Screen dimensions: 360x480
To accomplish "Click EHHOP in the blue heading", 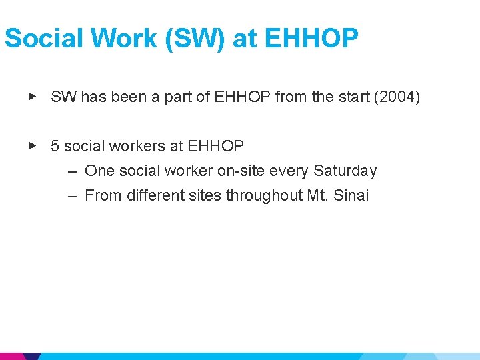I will pyautogui.click(x=311, y=39).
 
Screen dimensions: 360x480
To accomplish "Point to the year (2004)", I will pyautogui.click(x=397, y=97).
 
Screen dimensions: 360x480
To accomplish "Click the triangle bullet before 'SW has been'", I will pyautogui.click(x=32, y=97).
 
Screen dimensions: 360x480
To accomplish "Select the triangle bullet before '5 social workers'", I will pyautogui.click(x=32, y=145).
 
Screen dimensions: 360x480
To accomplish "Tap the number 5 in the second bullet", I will pyautogui.click(x=55, y=145).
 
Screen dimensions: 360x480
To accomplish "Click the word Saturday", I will pyautogui.click(x=345, y=171).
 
